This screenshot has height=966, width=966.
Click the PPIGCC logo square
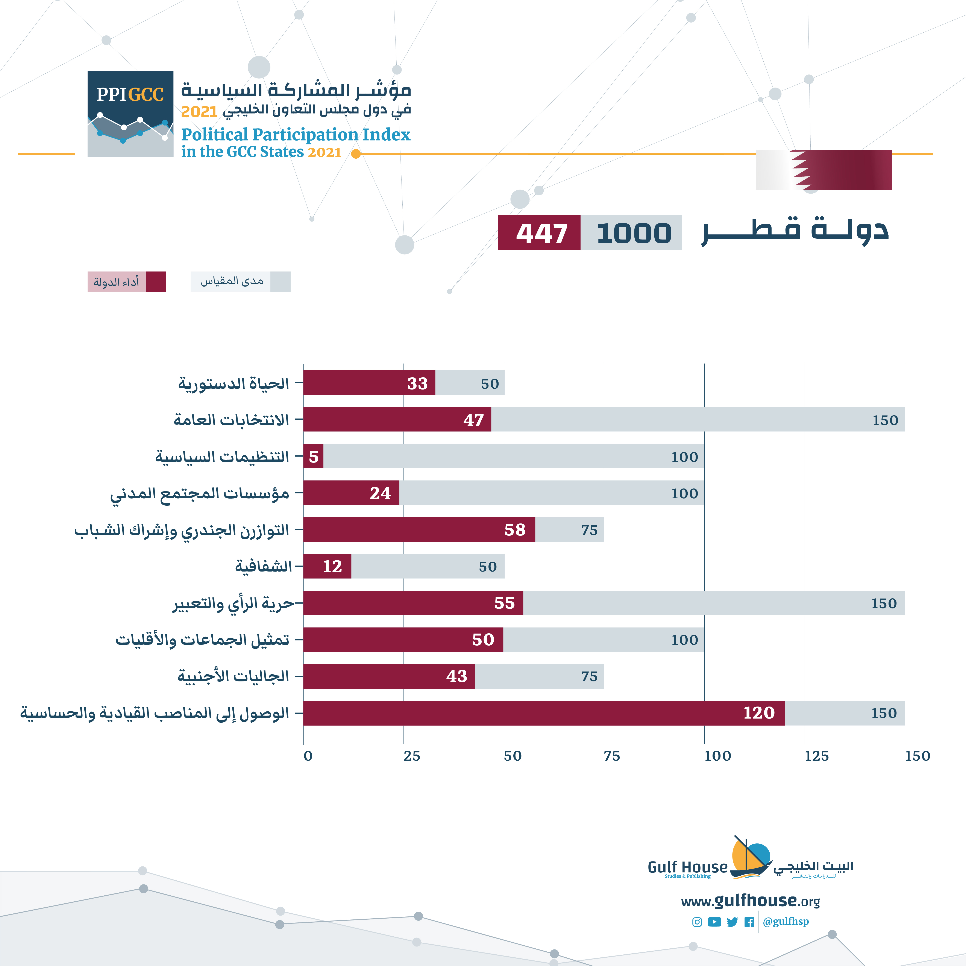pyautogui.click(x=130, y=114)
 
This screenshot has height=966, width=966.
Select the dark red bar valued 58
pyautogui.click(x=419, y=529)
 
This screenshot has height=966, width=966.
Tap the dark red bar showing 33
pyautogui.click(x=369, y=383)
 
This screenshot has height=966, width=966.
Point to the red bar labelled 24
pyautogui.click(x=351, y=493)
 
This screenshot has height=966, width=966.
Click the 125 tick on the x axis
pyautogui.click(x=816, y=756)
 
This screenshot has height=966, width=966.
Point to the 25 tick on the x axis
pyautogui.click(x=411, y=756)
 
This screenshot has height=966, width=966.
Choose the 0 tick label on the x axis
pyautogui.click(x=308, y=756)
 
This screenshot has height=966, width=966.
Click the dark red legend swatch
pyautogui.click(x=156, y=282)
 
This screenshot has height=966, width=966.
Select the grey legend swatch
pyautogui.click(x=281, y=282)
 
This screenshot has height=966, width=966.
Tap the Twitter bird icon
pyautogui.click(x=732, y=922)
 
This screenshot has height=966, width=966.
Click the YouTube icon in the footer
pyautogui.click(x=714, y=922)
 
